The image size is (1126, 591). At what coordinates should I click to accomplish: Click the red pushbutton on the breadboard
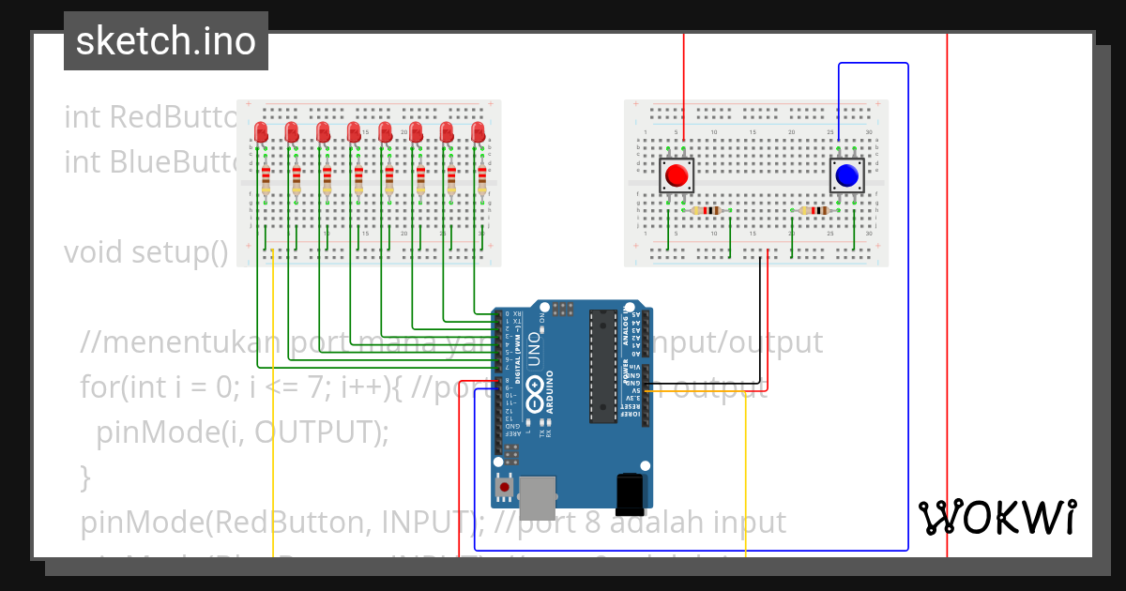pos(676,174)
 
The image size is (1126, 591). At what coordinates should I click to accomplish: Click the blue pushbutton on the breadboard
pos(847,174)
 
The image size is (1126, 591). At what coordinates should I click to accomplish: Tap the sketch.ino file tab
pos(166,41)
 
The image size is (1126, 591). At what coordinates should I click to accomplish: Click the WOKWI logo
pos(997,517)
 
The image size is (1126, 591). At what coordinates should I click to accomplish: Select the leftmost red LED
pos(262,130)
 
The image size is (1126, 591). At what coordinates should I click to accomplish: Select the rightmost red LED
pos(478,130)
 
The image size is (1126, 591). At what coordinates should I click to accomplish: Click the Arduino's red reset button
pos(505,488)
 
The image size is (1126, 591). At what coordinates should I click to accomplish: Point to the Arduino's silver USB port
pos(538,497)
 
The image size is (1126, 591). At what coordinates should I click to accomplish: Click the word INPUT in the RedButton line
pos(428,522)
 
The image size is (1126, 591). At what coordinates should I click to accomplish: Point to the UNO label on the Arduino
pos(534,348)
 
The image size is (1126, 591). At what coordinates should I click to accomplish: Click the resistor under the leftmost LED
pos(266,178)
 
